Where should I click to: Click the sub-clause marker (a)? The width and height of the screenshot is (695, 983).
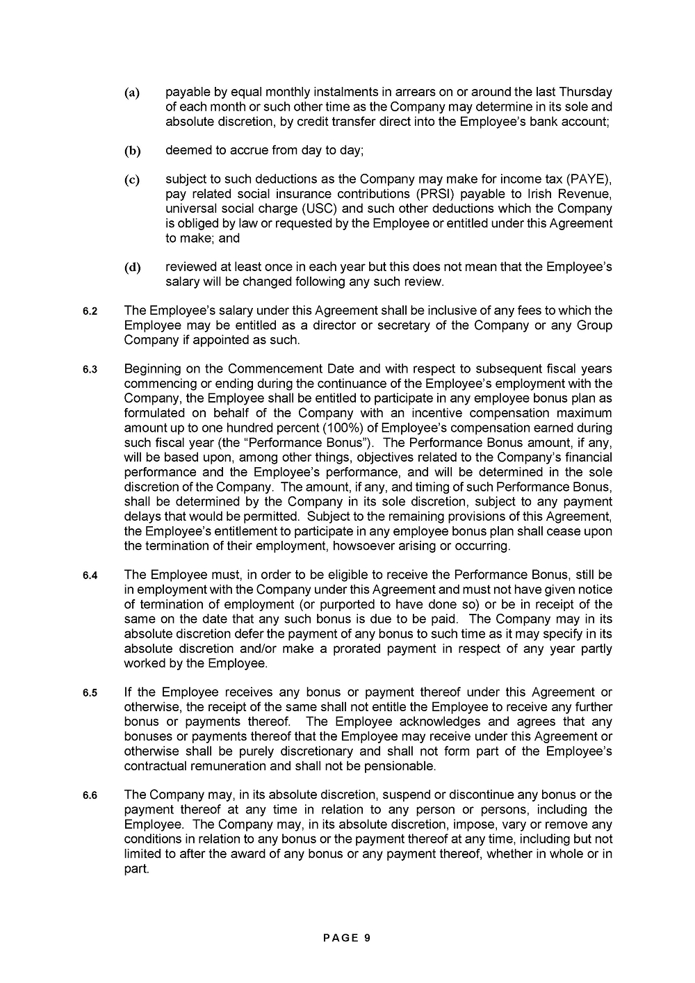[x=132, y=93]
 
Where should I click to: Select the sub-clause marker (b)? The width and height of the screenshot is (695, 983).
[x=132, y=151]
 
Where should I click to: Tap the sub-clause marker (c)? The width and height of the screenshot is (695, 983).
[x=132, y=181]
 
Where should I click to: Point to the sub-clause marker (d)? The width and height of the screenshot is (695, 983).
[x=132, y=268]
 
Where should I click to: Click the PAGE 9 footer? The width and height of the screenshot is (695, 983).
[x=347, y=938]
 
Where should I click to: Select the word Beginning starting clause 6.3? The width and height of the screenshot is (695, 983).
[x=154, y=369]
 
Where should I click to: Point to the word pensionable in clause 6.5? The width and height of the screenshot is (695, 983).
[x=402, y=766]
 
